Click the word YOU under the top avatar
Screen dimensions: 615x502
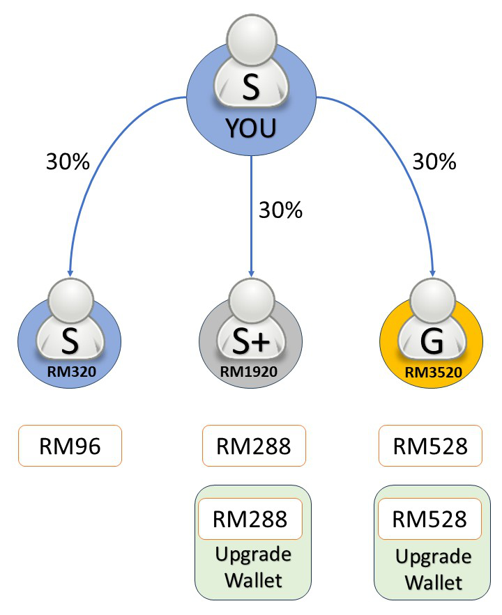point(251,128)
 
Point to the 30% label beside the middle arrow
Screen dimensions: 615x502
point(280,210)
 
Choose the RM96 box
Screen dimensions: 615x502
point(70,446)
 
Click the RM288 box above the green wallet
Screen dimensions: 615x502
point(253,446)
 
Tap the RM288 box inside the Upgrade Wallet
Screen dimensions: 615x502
point(250,519)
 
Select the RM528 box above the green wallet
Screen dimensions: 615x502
point(430,446)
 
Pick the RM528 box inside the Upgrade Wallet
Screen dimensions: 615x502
point(430,519)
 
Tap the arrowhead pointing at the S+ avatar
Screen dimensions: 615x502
point(251,272)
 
